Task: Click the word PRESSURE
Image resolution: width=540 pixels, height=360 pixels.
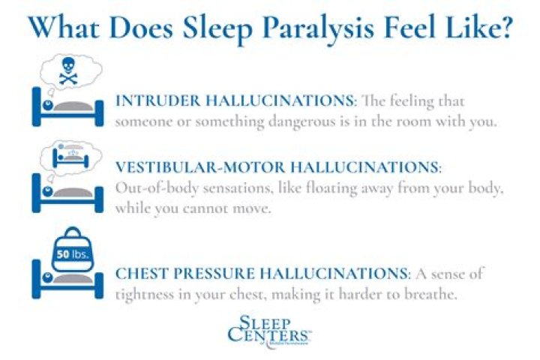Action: tap(214, 274)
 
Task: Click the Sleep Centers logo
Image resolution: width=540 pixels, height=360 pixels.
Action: tap(268, 331)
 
